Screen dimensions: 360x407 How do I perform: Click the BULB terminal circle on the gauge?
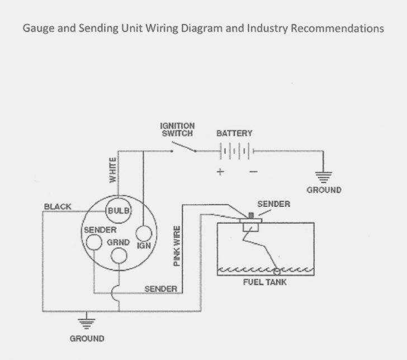click(x=118, y=210)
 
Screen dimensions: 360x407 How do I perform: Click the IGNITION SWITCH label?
click(x=177, y=130)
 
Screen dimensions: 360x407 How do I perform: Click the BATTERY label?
click(x=234, y=133)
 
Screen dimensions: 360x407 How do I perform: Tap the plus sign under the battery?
click(x=220, y=172)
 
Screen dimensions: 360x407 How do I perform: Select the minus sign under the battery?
click(x=253, y=172)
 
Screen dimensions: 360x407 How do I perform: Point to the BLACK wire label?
click(x=58, y=207)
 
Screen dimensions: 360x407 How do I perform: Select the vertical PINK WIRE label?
click(x=177, y=245)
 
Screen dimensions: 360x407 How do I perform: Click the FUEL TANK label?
click(x=265, y=281)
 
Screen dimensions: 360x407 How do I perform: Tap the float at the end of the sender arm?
click(x=276, y=271)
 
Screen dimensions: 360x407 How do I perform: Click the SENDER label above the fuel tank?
click(x=273, y=204)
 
